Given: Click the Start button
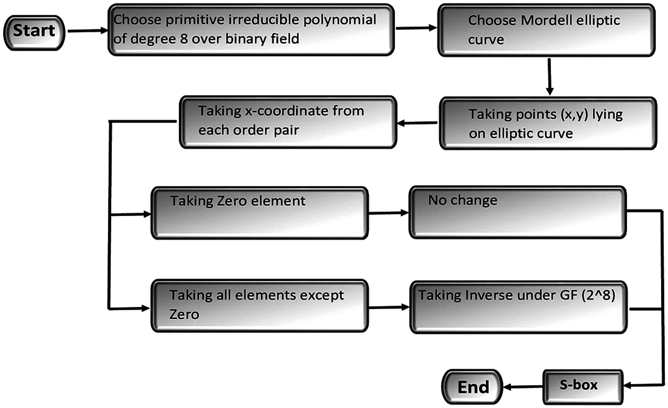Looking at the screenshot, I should coord(34,32).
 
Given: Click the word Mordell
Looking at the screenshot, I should coord(546,20).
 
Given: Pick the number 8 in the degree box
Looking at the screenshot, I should coord(184,39).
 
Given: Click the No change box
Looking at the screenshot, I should coord(517,212).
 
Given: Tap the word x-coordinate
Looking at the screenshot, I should coord(286,111).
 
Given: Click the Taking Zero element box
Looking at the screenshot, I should coord(259,213).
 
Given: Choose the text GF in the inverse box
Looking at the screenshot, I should coord(568,295).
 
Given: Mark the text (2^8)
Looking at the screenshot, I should coord(598,295).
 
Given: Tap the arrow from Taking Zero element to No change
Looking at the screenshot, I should coord(388,213).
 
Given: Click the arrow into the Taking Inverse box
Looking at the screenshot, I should coord(389,307).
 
